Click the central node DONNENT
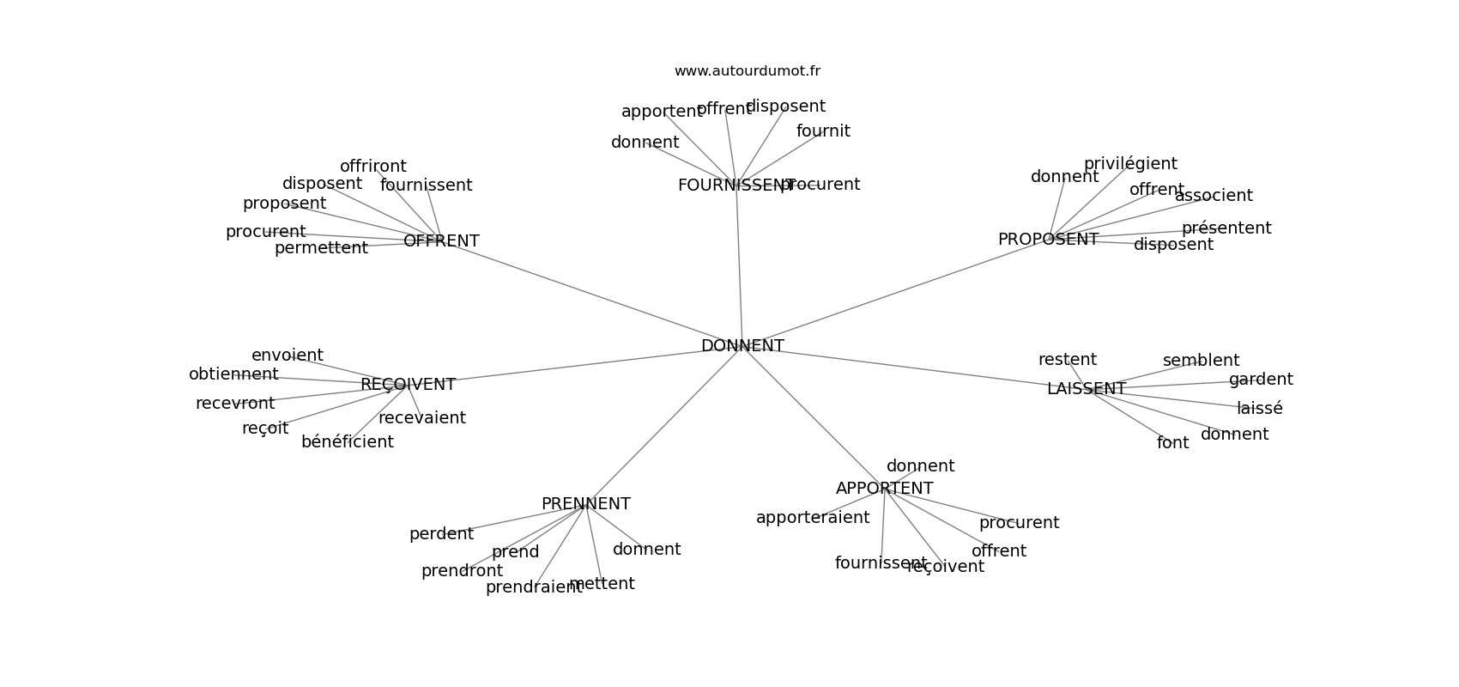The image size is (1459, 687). coord(742,346)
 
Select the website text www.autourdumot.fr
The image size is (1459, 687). coord(747,71)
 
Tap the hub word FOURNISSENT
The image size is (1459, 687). coord(735,185)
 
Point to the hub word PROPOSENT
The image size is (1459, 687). coord(1048,240)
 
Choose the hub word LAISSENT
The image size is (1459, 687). coord(1086,389)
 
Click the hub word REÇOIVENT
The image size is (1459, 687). coord(408,385)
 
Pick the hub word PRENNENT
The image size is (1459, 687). coord(585,504)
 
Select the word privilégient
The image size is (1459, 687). coord(1130,164)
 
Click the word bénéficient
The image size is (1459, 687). coord(347,442)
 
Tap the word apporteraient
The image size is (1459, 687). coord(812,518)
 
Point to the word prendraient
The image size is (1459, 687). coord(533,587)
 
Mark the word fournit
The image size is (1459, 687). coord(823,131)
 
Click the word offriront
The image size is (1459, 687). coord(372,167)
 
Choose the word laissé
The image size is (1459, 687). coord(1259,409)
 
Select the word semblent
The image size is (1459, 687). coord(1201,361)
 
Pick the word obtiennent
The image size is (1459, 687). coord(233,374)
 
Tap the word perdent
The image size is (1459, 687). coord(441,534)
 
